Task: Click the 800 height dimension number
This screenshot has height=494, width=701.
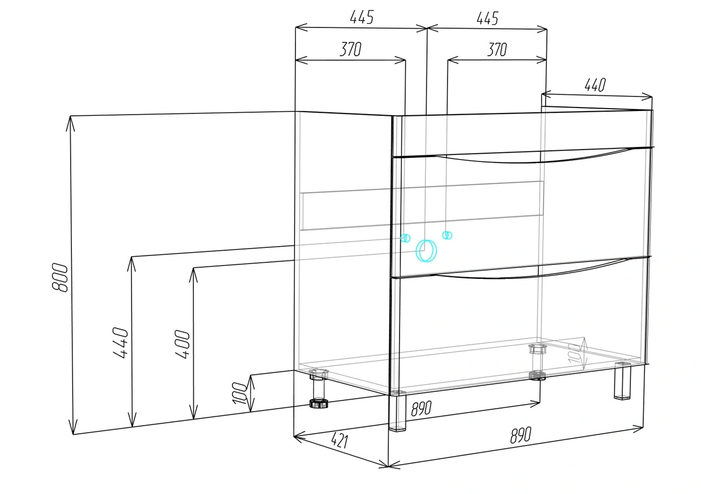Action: pos(60,278)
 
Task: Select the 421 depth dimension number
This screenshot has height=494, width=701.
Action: pos(339,440)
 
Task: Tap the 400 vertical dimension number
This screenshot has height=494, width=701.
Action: pos(182,344)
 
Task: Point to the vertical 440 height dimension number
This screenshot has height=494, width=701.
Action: pos(120,343)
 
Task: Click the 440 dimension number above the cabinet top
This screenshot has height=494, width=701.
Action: pos(595,85)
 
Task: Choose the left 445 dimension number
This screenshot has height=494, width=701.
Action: pos(362,17)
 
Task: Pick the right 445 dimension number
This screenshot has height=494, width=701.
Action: pos(487,19)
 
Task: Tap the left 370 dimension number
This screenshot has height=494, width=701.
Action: pos(350,49)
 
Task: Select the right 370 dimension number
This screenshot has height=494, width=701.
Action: pos(497,50)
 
